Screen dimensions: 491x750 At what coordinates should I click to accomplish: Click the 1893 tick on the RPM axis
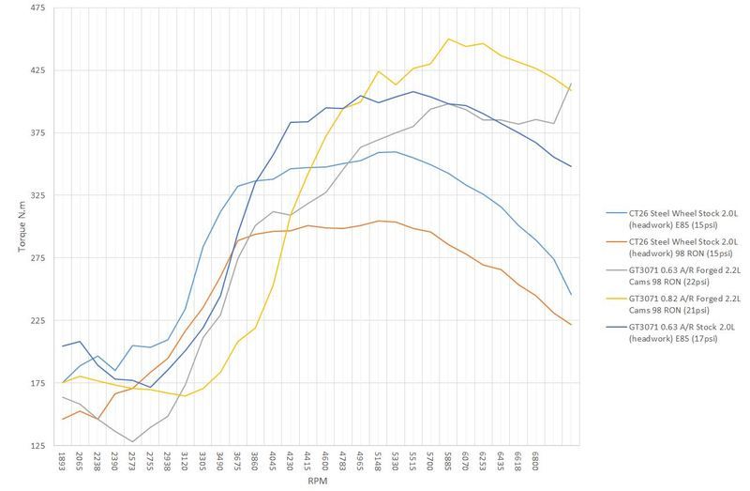click(x=63, y=462)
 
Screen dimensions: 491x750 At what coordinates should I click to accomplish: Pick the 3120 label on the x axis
click(x=185, y=462)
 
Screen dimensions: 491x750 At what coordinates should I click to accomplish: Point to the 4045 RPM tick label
click(x=273, y=462)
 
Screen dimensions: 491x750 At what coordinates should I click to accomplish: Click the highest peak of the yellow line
click(x=448, y=38)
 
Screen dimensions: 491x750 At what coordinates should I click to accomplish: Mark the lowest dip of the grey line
click(x=132, y=442)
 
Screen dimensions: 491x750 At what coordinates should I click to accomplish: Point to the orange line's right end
click(x=572, y=325)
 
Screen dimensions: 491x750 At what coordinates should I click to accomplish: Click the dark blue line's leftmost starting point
click(x=63, y=346)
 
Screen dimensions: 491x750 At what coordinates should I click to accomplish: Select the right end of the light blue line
click(x=572, y=295)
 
